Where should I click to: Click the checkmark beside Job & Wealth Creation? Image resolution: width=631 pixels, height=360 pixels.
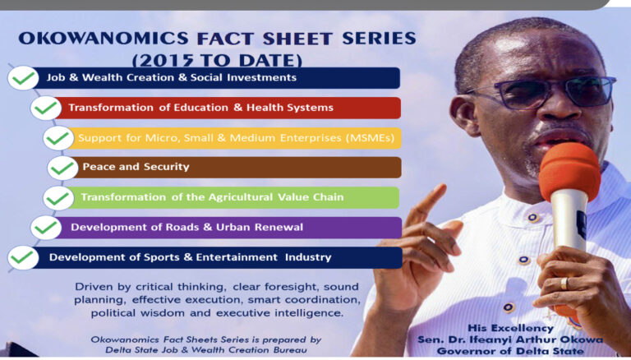coord(23,79)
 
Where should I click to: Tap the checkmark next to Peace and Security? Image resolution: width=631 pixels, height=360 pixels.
coord(62,168)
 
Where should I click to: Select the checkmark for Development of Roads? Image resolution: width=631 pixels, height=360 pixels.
coord(47,228)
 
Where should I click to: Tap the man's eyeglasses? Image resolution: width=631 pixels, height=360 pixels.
coord(542,90)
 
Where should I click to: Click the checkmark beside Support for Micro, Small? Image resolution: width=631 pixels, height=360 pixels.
coord(58,138)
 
